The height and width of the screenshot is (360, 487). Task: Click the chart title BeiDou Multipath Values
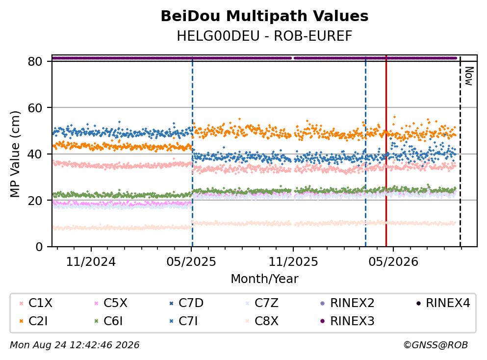(264, 16)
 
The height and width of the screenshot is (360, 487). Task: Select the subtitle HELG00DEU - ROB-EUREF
(264, 36)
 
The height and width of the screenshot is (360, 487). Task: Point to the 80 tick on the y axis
(35, 61)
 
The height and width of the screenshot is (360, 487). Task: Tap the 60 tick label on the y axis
(35, 108)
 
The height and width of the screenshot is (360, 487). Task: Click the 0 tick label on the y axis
(39, 247)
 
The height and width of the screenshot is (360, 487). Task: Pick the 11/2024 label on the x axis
(91, 262)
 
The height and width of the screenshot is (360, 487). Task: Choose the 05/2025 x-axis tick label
(191, 262)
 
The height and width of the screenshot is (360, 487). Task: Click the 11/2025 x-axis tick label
(293, 262)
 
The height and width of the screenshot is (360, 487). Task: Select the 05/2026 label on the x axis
(393, 262)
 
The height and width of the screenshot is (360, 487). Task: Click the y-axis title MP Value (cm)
(15, 154)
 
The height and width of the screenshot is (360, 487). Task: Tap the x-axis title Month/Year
(264, 279)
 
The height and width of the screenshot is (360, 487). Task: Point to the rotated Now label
(469, 76)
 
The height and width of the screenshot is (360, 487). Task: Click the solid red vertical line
(386, 151)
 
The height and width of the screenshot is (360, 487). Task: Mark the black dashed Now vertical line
(461, 151)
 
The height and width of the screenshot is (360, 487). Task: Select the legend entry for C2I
(33, 321)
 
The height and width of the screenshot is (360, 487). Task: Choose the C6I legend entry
(108, 321)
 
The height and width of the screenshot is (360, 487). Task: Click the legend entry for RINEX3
(347, 321)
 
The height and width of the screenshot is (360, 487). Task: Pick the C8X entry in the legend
(262, 321)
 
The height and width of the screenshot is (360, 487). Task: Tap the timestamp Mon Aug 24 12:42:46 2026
(75, 345)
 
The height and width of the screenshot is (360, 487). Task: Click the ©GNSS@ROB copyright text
(436, 345)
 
